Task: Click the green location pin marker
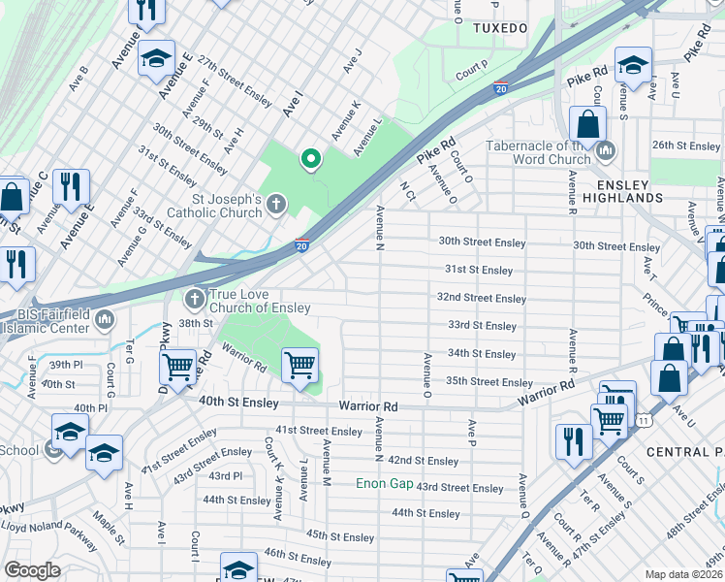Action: pos(310,158)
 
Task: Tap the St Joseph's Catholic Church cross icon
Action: pos(276,205)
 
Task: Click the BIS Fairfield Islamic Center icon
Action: pos(105,319)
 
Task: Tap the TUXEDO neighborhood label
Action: pos(499,28)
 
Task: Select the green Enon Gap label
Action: pos(383,483)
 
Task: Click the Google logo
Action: pos(32,569)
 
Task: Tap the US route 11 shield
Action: pos(644,419)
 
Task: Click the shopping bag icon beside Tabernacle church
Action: pos(587,124)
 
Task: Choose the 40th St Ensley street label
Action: pos(239,403)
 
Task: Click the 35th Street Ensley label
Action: pos(489,382)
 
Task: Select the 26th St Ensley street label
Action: pos(686,145)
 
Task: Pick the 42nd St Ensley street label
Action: pos(423,461)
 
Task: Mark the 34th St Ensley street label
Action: pos(482,354)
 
